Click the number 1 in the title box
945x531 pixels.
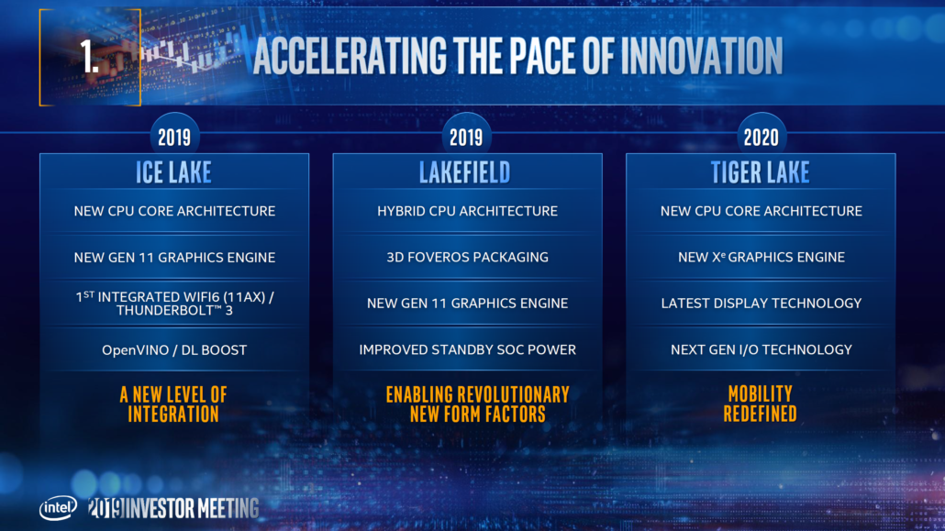[x=89, y=57]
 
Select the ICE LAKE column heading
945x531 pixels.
[x=174, y=172]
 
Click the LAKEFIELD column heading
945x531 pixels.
[x=466, y=172]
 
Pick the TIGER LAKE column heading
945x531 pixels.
[x=761, y=172]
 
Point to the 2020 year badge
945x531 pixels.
[x=761, y=138]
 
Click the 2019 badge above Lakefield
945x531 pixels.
[x=466, y=138]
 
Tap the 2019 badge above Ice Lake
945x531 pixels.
[x=174, y=138]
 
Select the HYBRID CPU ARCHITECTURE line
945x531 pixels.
[x=467, y=211]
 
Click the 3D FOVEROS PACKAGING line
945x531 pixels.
[x=467, y=258]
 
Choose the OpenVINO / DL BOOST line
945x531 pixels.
[x=174, y=349]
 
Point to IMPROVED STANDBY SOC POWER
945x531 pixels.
[x=467, y=349]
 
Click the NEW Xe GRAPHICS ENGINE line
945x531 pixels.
[x=761, y=258]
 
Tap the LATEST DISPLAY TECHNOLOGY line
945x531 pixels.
[x=761, y=304]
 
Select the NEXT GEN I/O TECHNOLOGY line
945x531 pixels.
[x=761, y=349]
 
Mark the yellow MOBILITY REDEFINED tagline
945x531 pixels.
[x=761, y=404]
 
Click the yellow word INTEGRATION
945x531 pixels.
[x=174, y=415]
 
